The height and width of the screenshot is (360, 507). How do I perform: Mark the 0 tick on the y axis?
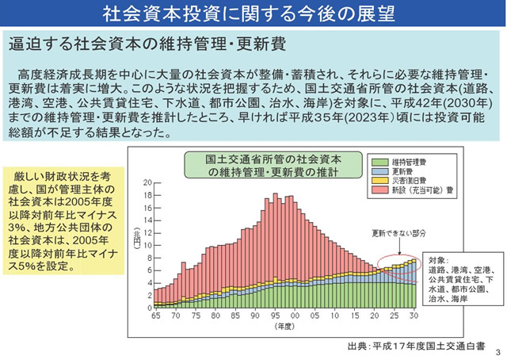click(148, 307)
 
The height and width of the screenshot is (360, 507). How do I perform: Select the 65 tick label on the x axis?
click(156, 316)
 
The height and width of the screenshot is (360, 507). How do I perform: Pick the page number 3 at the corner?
click(497, 351)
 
